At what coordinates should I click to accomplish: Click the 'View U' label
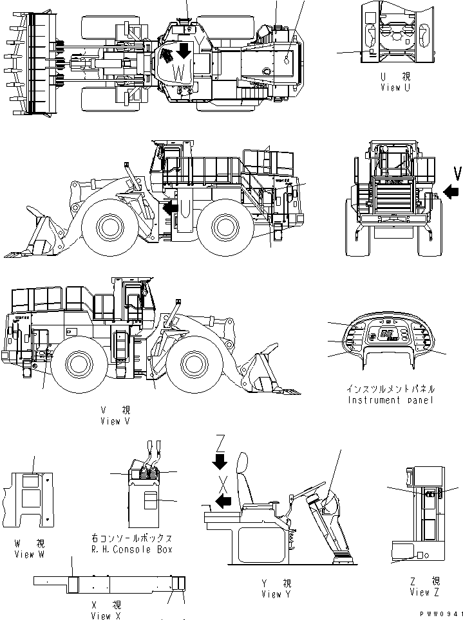click(395, 87)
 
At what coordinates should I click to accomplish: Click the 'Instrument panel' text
click(391, 400)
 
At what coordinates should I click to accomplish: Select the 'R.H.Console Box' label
click(132, 549)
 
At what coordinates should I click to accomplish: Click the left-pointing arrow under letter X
click(223, 502)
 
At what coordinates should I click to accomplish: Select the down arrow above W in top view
click(184, 50)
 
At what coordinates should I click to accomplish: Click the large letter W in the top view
click(180, 72)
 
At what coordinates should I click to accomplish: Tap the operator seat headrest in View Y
click(243, 464)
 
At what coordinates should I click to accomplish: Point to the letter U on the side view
click(183, 208)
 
